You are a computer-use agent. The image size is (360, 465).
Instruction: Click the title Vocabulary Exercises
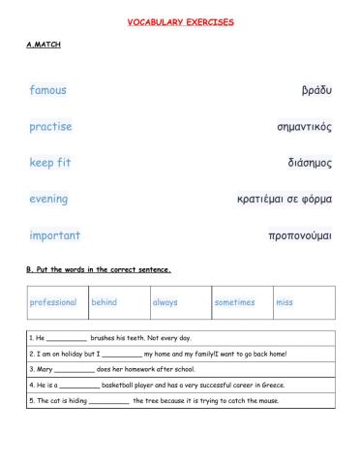(180, 21)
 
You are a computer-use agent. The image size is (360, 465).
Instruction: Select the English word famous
(48, 90)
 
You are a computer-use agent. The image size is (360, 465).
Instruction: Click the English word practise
(50, 126)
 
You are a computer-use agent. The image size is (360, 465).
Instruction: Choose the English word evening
(48, 199)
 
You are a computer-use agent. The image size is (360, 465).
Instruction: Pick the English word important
(55, 235)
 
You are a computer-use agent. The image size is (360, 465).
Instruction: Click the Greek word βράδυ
(316, 90)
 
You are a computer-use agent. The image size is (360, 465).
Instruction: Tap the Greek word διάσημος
(310, 163)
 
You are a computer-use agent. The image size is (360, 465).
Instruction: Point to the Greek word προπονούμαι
(300, 235)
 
